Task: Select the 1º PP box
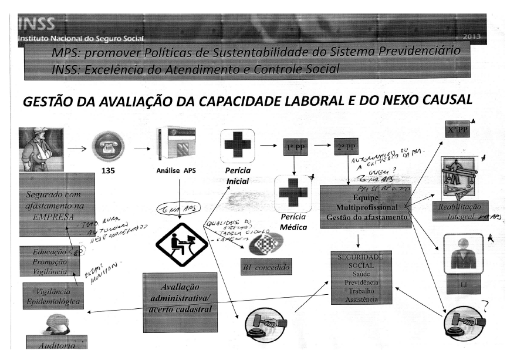pyautogui.click(x=295, y=147)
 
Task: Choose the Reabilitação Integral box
pyautogui.click(x=460, y=210)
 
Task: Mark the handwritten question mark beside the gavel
pyautogui.click(x=485, y=304)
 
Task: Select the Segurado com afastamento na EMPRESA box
pyautogui.click(x=56, y=204)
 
